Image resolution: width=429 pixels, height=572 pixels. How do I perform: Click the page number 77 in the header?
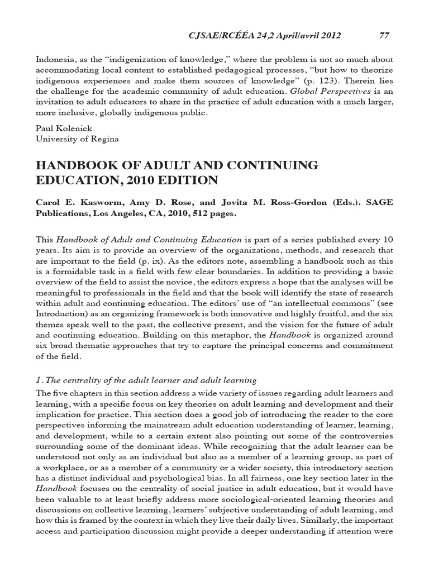click(384, 35)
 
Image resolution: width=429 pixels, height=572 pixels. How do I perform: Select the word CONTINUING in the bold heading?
click(267, 166)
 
